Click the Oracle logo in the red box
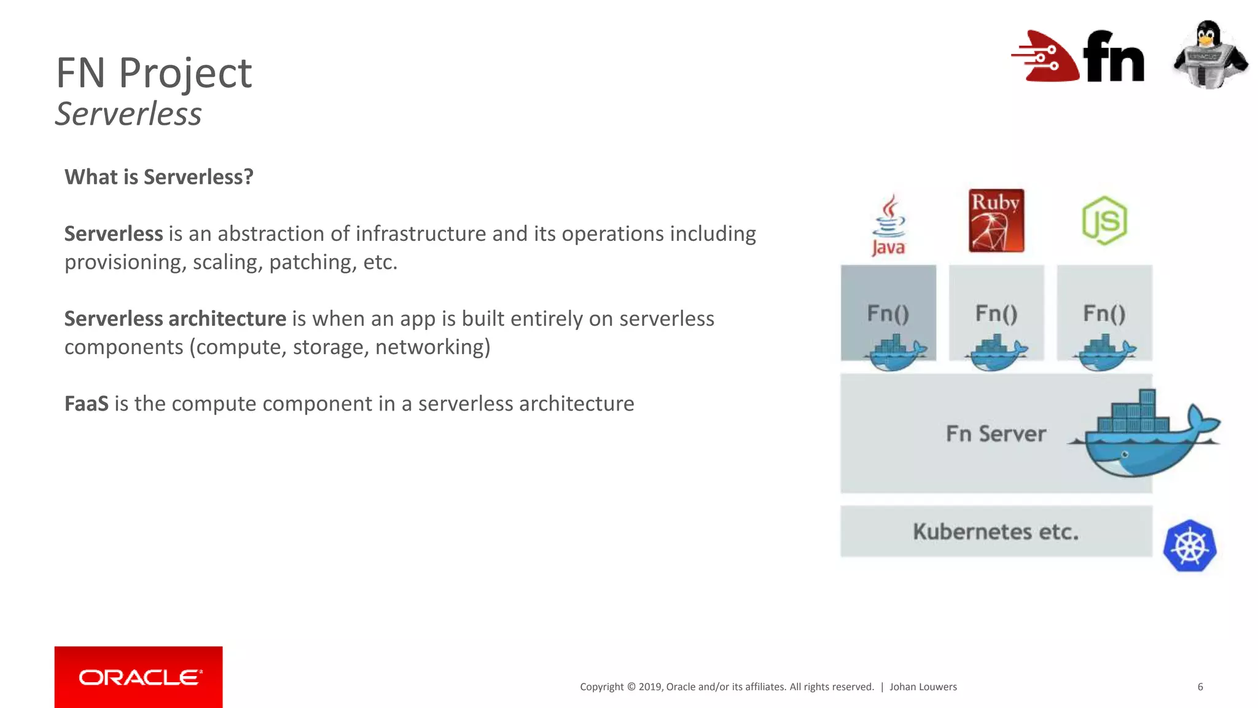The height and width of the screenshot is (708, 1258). coord(139,677)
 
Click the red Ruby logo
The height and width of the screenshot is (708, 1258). coord(996,221)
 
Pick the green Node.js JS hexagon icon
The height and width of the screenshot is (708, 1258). coord(1104,221)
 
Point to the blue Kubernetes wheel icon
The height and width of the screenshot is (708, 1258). coord(1190,546)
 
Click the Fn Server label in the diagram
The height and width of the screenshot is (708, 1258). coord(996,434)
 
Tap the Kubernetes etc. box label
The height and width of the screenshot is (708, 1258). coord(996,532)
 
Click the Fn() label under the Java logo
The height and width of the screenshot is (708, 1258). coord(888,313)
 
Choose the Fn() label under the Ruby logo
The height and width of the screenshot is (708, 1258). coord(996,313)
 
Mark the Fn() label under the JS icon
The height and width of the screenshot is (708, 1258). coord(1104,313)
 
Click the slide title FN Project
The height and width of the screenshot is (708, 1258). coord(154,73)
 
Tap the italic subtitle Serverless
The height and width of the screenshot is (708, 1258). coord(128,114)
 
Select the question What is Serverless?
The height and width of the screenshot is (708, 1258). coord(159,177)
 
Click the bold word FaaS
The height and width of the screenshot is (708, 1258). coord(87,404)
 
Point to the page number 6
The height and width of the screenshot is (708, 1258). coord(1200,686)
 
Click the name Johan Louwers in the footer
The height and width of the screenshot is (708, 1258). coord(923,686)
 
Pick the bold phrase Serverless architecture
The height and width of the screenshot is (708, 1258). coord(175,319)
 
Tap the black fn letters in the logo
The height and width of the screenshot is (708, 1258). coord(1113,57)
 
